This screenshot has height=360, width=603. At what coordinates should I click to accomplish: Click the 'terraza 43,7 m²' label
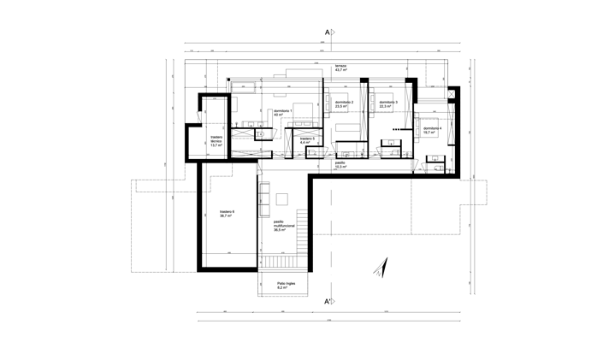(x=340, y=69)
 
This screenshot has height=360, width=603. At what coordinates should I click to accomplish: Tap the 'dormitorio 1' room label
(x=283, y=111)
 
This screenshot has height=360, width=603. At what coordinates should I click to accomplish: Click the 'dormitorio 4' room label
(x=432, y=129)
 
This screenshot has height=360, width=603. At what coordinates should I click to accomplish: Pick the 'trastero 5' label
(x=307, y=138)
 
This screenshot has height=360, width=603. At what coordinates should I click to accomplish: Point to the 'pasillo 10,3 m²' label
(x=340, y=164)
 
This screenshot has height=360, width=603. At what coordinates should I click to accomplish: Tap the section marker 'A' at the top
(x=329, y=32)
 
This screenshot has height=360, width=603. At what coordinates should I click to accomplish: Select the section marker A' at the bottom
(x=328, y=301)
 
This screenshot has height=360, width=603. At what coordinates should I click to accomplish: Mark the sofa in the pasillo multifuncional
(x=283, y=201)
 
